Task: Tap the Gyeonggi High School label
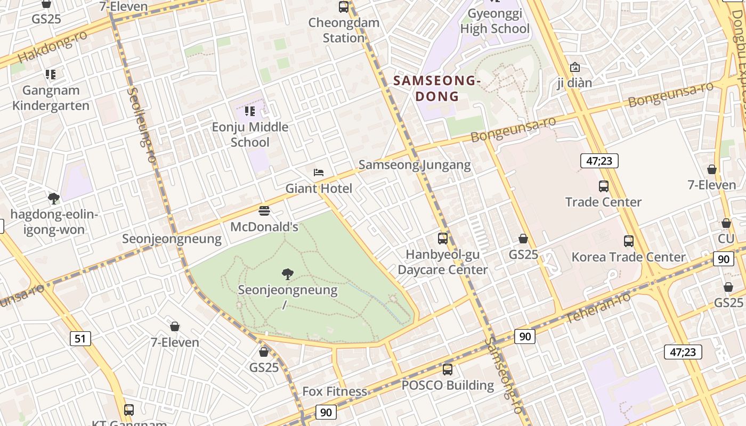click(495, 21)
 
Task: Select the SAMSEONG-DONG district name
click(437, 88)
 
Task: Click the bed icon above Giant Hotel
click(319, 173)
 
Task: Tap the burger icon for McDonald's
click(264, 211)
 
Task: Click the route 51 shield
click(79, 338)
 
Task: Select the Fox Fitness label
click(335, 391)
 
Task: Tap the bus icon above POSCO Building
click(448, 369)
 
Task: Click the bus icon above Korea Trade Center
click(629, 241)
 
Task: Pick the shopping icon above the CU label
click(726, 223)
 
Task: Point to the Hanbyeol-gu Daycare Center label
click(442, 262)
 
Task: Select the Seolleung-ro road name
click(142, 125)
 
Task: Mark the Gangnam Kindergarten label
click(51, 98)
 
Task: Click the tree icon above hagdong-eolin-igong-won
click(53, 199)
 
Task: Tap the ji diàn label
click(574, 83)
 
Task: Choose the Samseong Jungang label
click(415, 165)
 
